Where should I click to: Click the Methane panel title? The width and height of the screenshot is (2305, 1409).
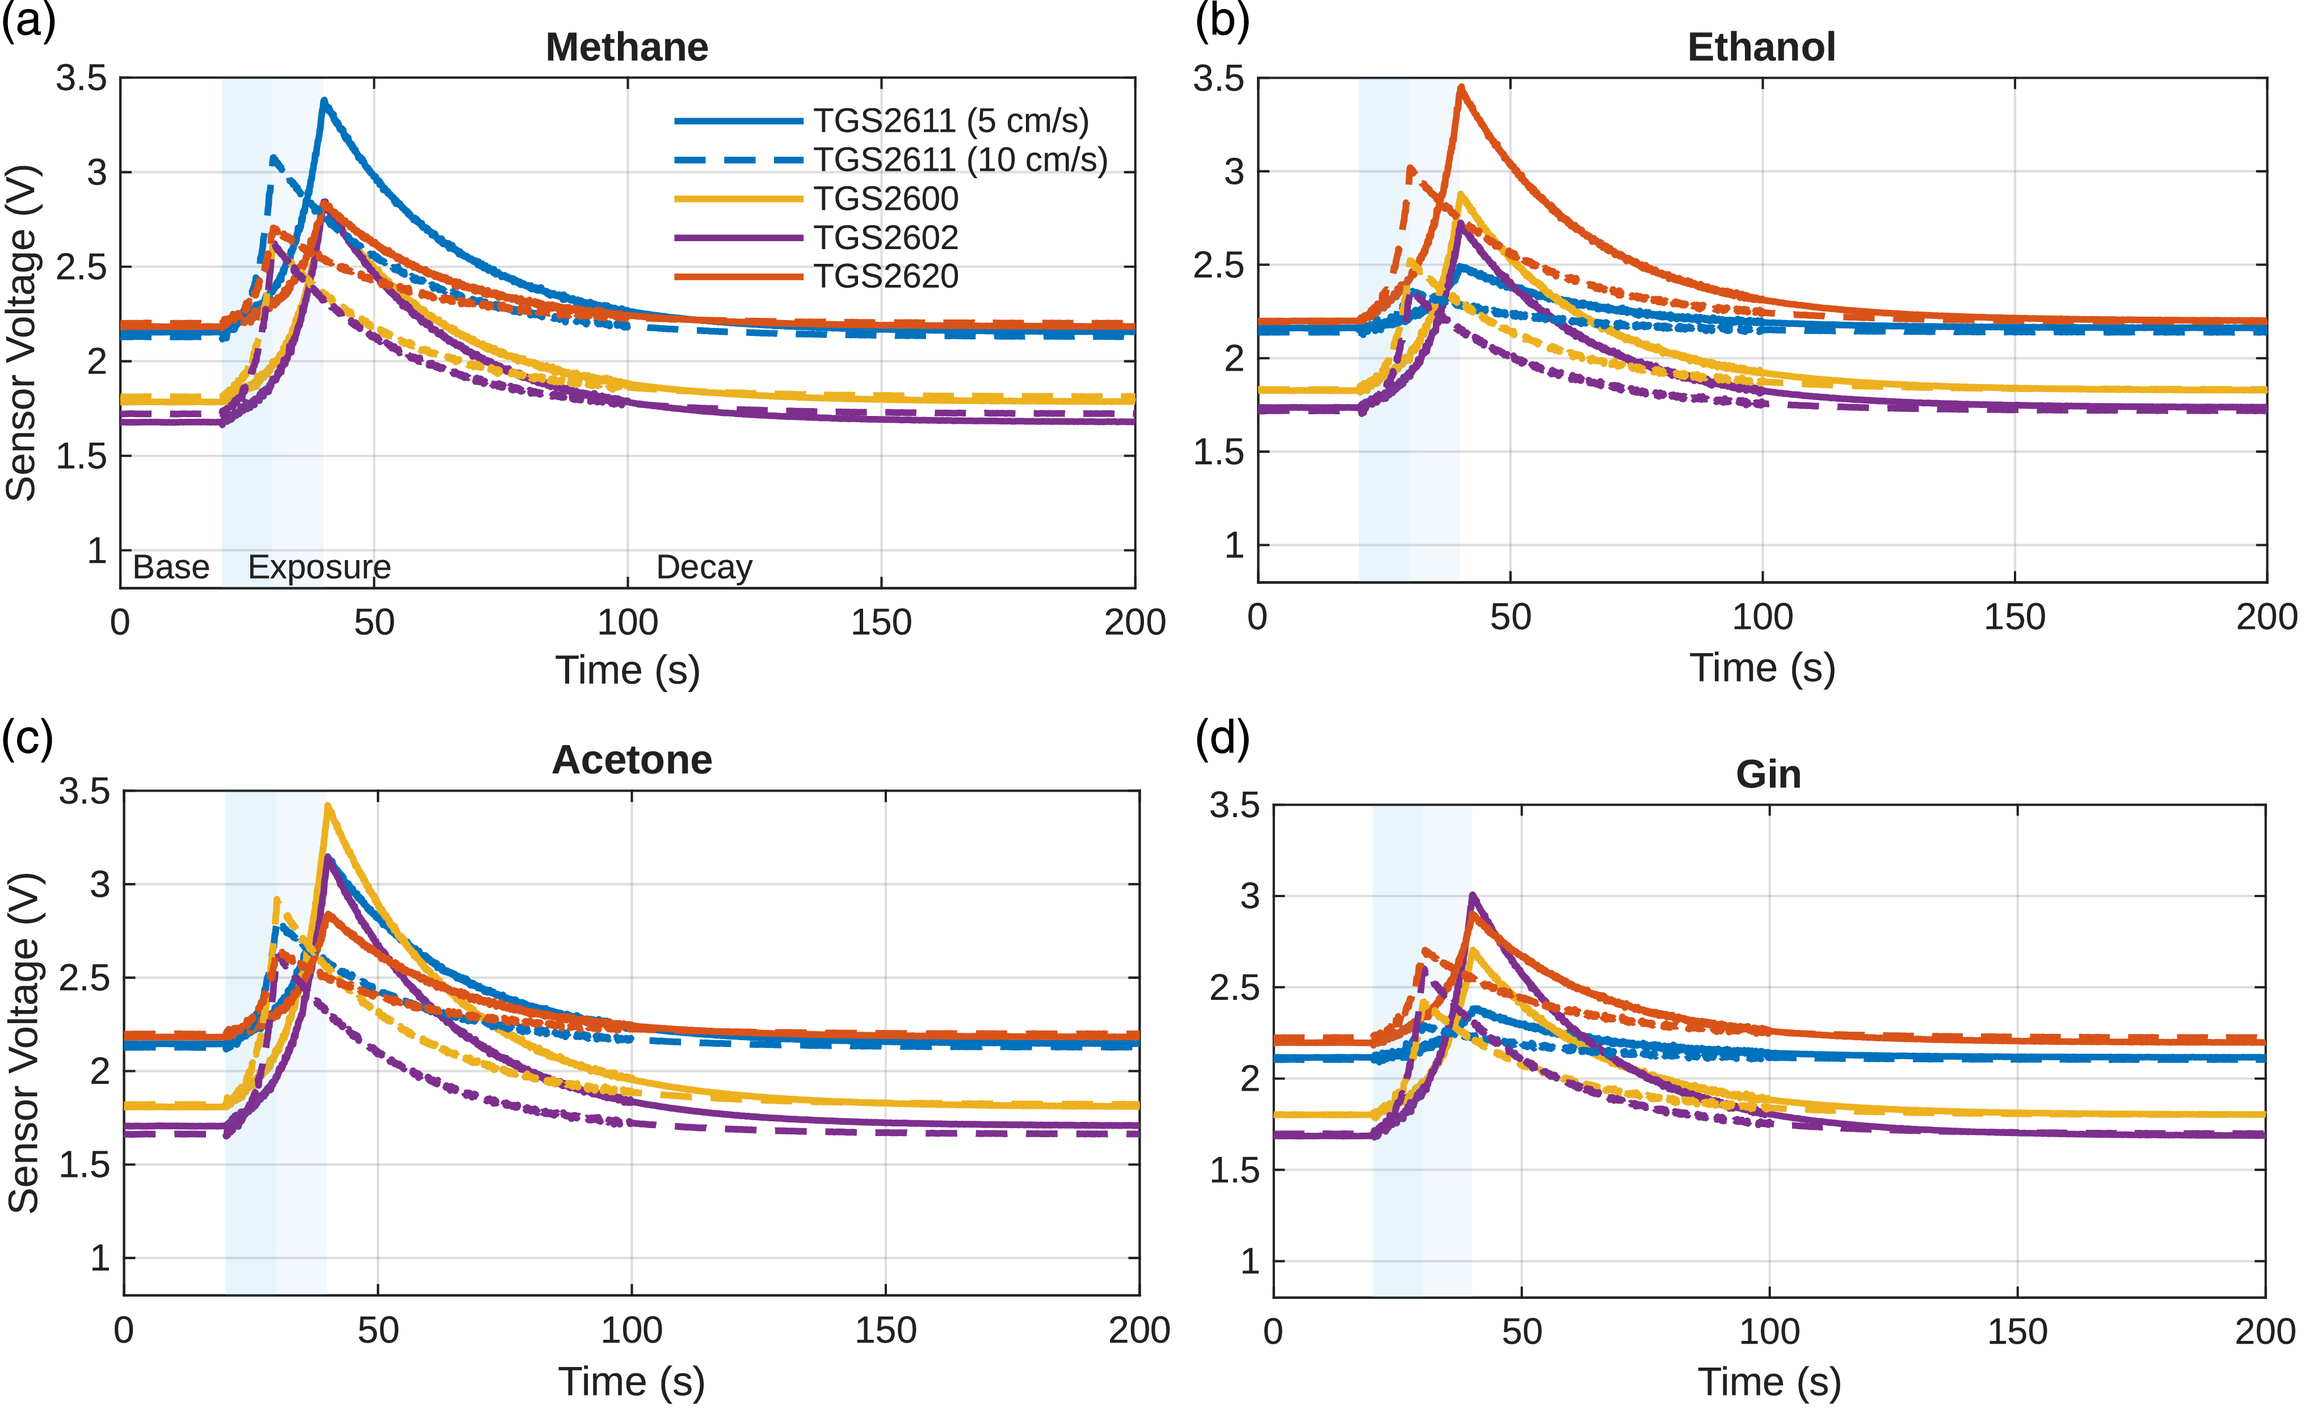coord(627,47)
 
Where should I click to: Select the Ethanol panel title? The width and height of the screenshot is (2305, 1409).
coord(1761,47)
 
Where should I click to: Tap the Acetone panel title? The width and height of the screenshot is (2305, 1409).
coord(632,760)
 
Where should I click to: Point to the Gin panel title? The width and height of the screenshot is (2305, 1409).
coord(1768,774)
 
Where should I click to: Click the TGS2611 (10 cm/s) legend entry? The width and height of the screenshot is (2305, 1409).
coord(959,160)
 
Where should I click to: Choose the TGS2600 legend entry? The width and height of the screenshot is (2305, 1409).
coord(885,199)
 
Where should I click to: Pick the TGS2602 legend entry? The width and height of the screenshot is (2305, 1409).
coord(885,238)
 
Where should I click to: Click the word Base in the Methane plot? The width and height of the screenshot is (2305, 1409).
coord(171,567)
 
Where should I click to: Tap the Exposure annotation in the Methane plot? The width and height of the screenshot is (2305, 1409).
coord(319,567)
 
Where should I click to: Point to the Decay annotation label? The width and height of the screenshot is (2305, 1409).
coord(704,567)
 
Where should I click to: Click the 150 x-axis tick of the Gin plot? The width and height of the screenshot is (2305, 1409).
coord(2017,1331)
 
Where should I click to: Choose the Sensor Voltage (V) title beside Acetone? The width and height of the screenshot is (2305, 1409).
coord(24,1043)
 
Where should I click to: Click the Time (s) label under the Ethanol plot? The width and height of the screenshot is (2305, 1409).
coord(1761,668)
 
